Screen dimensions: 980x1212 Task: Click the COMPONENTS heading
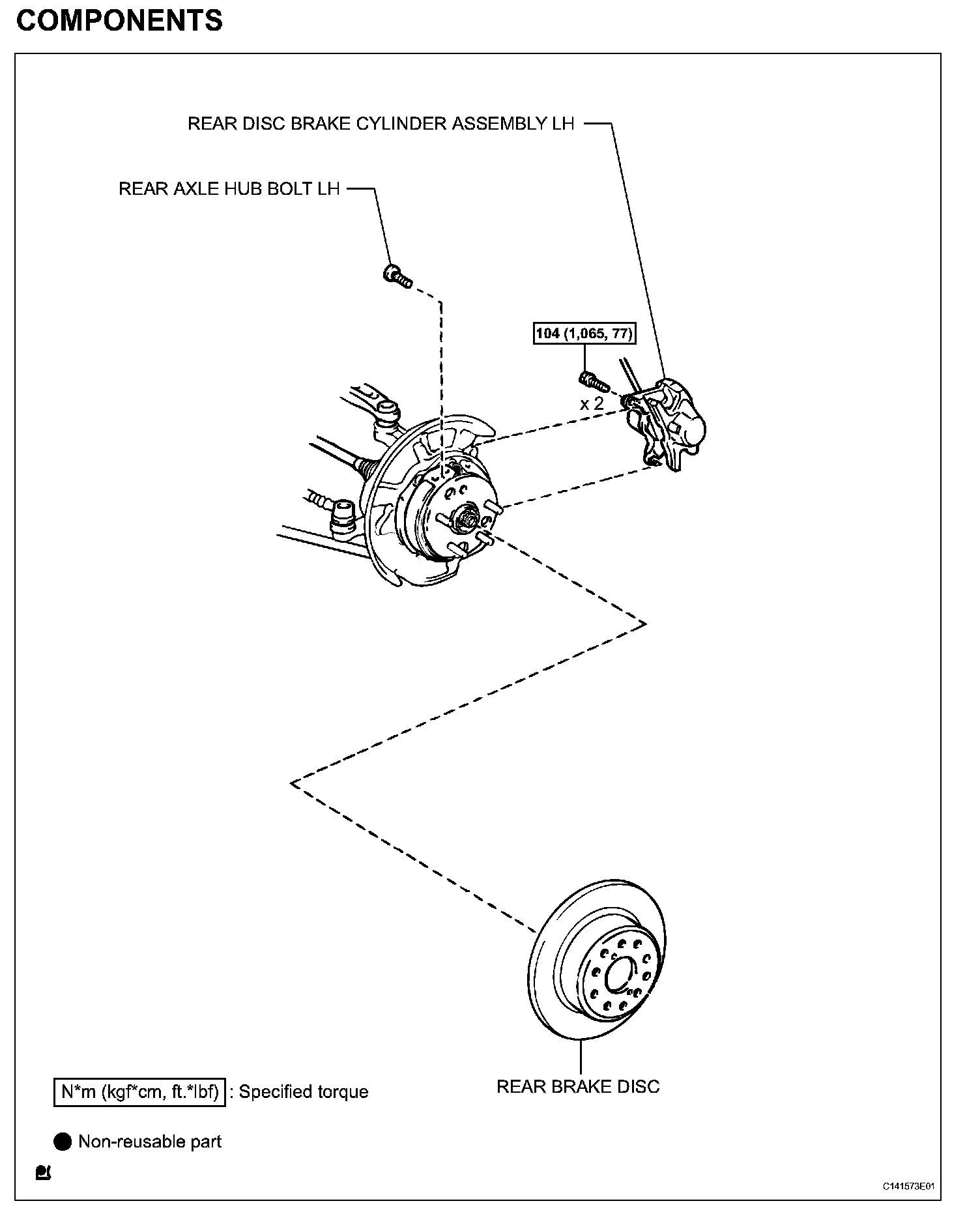point(119,21)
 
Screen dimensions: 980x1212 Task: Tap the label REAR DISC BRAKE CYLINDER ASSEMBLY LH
point(381,124)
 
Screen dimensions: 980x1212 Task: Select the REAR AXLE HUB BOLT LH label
point(229,189)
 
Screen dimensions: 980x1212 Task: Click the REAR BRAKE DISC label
point(578,1086)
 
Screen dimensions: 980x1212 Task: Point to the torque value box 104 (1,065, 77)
point(584,334)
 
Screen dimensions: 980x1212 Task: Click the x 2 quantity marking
point(592,404)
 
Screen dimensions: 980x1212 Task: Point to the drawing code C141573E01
point(909,1186)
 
